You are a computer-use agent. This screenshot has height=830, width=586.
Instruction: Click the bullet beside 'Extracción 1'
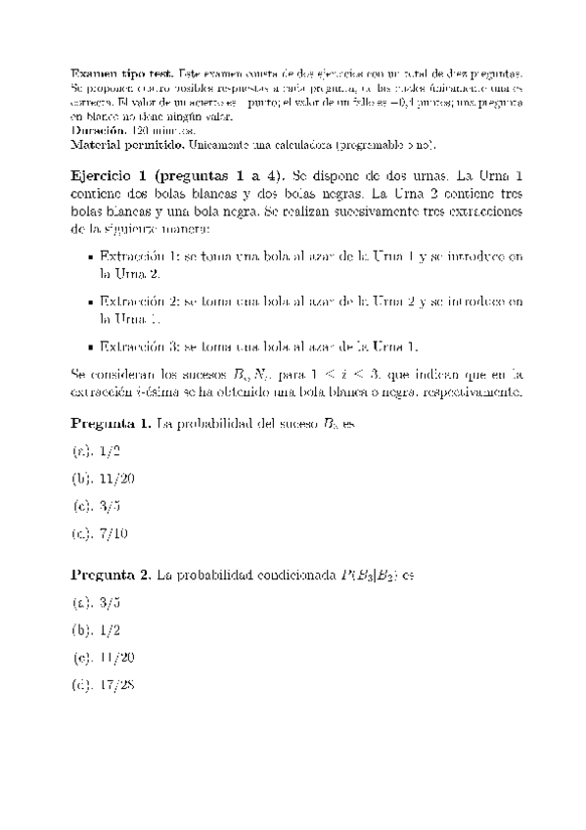pos(91,256)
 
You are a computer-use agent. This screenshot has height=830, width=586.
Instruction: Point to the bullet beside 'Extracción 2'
pos(91,301)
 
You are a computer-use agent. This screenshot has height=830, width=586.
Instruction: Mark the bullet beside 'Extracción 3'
pos(91,346)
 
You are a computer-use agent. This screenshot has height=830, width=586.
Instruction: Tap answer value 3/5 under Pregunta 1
pos(109,506)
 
